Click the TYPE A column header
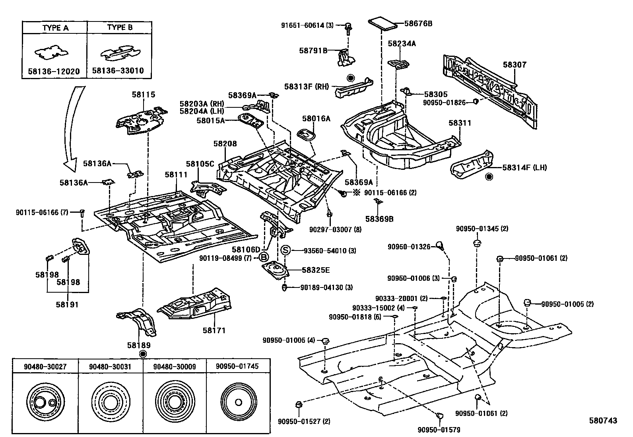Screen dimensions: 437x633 [x=55, y=28]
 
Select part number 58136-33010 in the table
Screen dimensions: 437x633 [x=118, y=71]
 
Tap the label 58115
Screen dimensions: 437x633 [x=144, y=95]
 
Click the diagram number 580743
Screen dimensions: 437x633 [x=603, y=421]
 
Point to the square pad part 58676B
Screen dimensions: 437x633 [x=383, y=23]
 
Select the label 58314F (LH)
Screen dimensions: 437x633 [x=524, y=167]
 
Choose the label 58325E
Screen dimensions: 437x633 [x=315, y=270]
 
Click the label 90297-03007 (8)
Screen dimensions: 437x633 [x=335, y=229]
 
